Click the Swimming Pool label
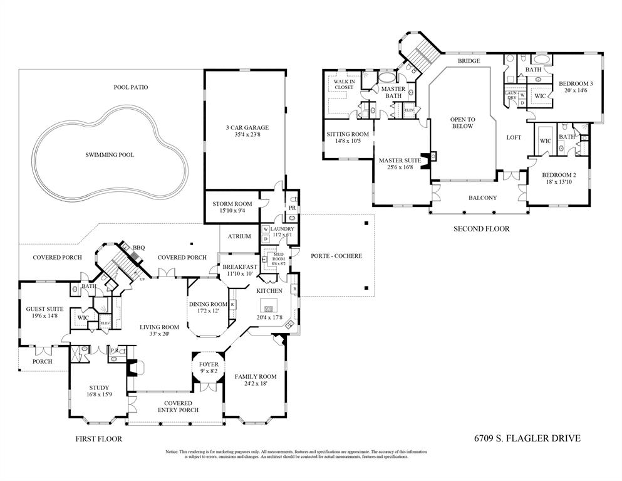coord(110,154)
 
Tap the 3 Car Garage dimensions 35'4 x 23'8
coord(244,134)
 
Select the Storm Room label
coord(232,204)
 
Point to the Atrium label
coord(239,236)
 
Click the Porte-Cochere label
coord(336,256)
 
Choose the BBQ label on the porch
coord(138,248)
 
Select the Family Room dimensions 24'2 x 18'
coord(251,384)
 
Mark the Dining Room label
coord(208,304)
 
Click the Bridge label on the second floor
coord(469,61)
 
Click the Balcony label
coord(483,198)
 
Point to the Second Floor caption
coord(481,229)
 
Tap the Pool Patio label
coord(131,87)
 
